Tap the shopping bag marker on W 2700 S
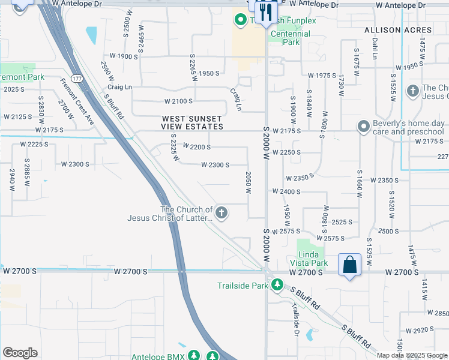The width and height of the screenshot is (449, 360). (350, 265)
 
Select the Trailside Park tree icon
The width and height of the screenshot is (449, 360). (277, 285)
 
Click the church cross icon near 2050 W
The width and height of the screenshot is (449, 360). (221, 212)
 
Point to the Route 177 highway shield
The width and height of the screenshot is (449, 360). (77, 79)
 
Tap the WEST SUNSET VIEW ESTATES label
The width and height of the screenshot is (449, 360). (192, 122)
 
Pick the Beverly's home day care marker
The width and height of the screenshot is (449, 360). (363, 127)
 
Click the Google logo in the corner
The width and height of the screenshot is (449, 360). (20, 352)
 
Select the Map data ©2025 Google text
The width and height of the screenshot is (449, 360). (412, 355)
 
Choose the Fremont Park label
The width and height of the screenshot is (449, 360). (22, 77)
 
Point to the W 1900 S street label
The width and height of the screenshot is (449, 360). (119, 56)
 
